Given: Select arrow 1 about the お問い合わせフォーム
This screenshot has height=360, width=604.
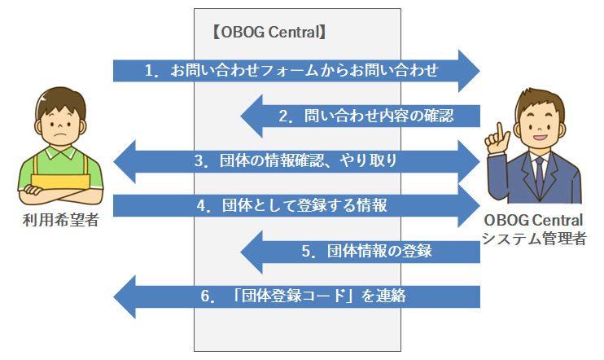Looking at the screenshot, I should pos(293,70).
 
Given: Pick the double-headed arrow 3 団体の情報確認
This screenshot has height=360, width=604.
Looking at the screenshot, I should pos(297,161).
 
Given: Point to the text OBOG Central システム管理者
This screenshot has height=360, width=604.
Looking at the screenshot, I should pos(532,230).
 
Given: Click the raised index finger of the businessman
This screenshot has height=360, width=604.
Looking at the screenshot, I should pos(494,132).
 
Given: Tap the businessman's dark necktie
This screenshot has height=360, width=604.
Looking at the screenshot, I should pos(538,171).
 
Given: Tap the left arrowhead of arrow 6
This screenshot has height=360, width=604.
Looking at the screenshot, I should pos(125,297).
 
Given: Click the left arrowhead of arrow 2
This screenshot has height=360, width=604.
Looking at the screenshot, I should pos(252,116).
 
